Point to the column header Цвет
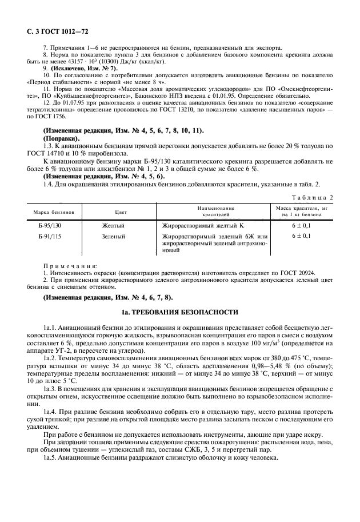[121, 212]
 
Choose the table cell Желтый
[113, 226]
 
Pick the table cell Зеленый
[114, 236]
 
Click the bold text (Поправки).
[62, 139]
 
